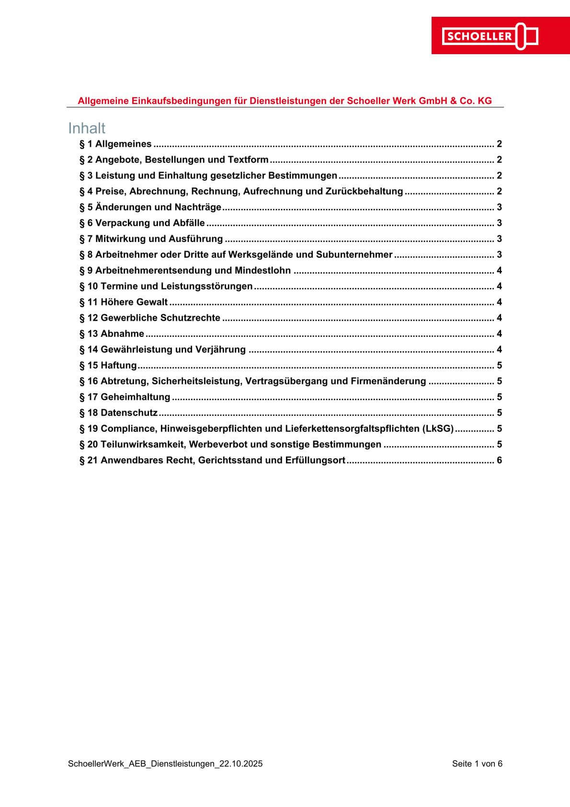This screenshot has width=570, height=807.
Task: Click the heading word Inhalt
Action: point(87,128)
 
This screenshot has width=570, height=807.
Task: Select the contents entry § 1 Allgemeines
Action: point(115,144)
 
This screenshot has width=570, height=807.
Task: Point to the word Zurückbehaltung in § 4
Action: point(364,191)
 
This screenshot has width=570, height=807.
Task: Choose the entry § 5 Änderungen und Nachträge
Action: point(150,207)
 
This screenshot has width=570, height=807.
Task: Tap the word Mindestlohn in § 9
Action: point(262,270)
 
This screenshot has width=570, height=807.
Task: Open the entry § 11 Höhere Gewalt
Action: point(124,302)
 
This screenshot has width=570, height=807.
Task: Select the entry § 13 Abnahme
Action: point(112,334)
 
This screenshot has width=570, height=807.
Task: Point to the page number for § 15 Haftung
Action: point(499,365)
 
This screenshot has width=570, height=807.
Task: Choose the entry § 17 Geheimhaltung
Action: point(125,397)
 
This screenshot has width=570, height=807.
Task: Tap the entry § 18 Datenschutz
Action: point(118,413)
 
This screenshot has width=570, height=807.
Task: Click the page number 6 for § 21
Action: point(499,460)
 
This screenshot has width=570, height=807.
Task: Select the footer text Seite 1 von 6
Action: point(477,764)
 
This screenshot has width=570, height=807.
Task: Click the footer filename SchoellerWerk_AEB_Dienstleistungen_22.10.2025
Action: point(165,764)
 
